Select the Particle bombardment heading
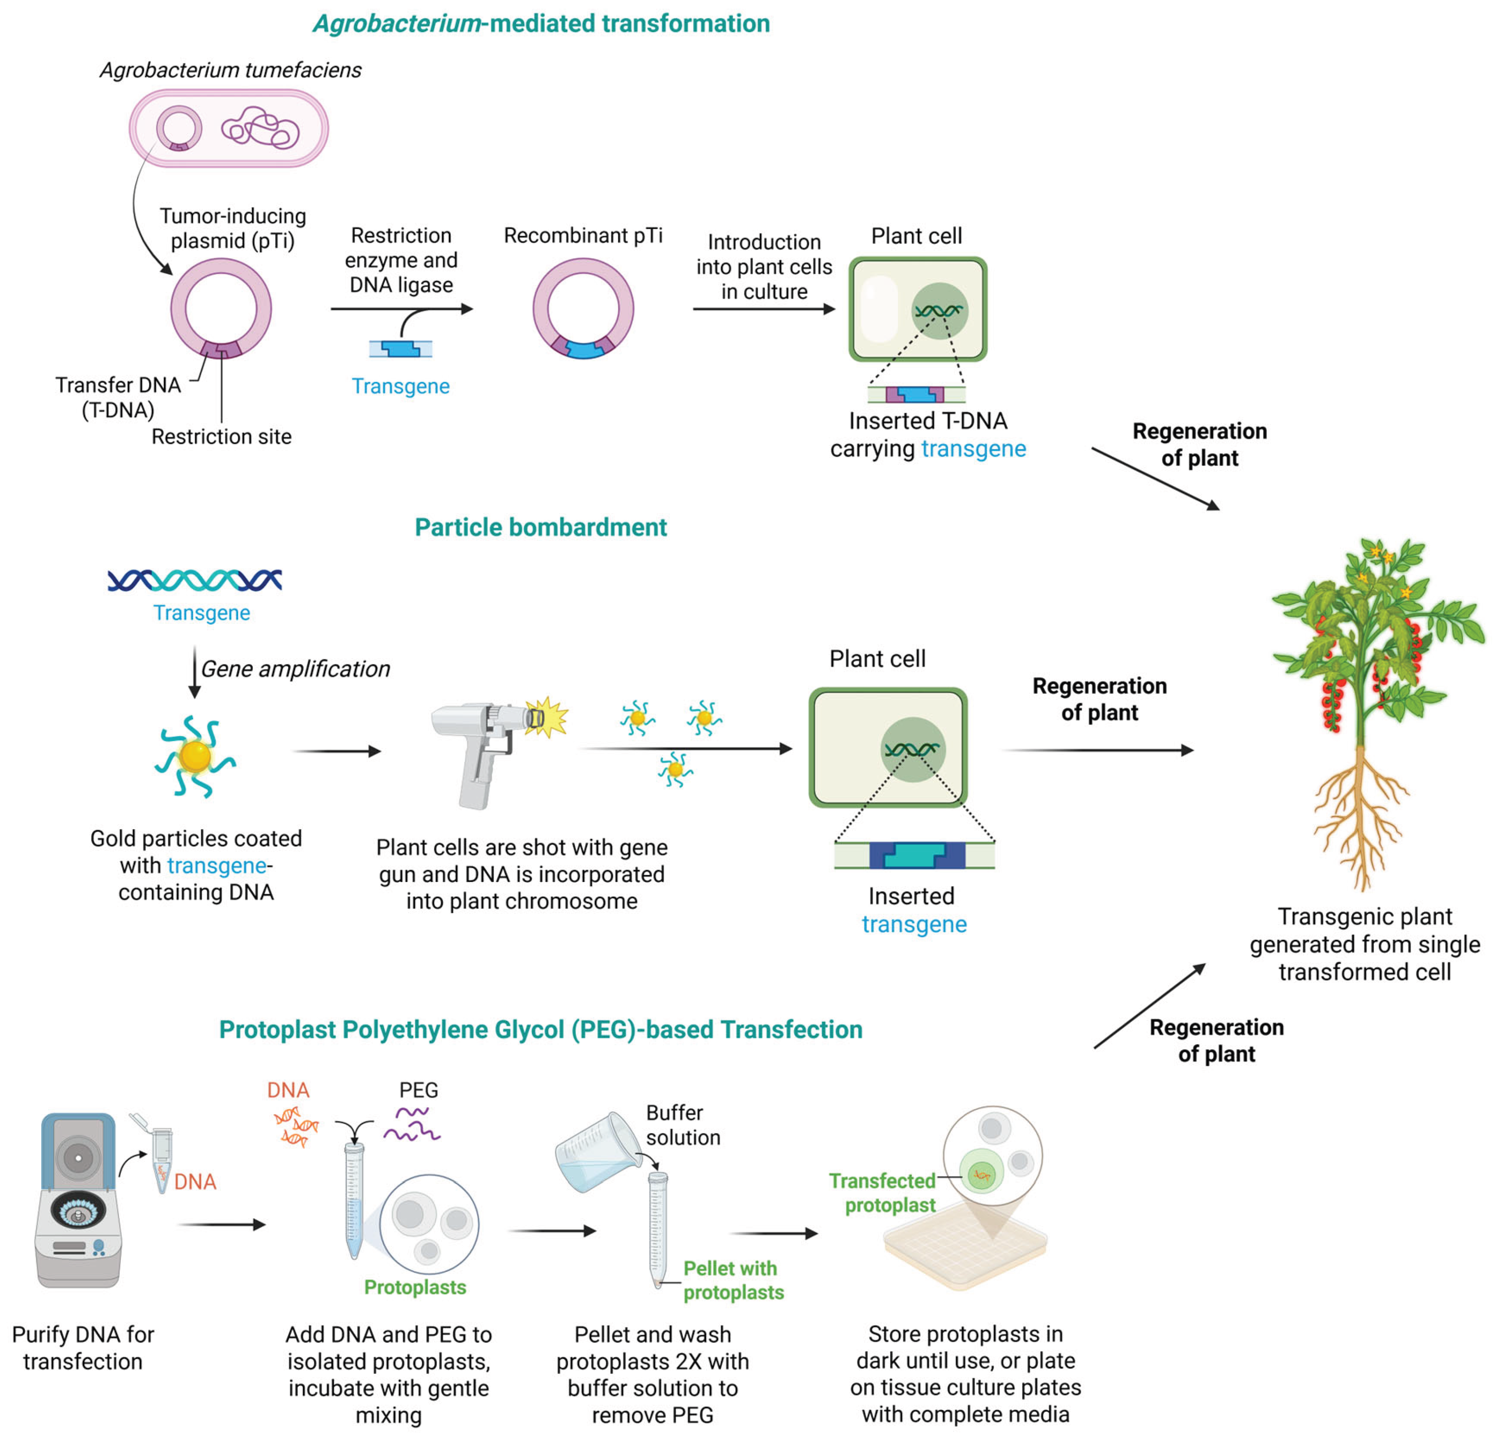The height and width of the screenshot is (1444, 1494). [x=541, y=528]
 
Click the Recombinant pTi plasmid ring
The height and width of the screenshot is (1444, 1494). [x=583, y=309]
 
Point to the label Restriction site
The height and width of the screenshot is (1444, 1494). [x=221, y=437]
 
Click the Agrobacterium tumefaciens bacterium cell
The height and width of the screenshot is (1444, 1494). [x=229, y=128]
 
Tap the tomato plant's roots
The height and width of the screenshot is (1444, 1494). [x=1360, y=816]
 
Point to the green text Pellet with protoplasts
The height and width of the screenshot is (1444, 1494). [x=732, y=1280]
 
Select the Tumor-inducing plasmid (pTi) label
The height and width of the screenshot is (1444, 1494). [x=233, y=228]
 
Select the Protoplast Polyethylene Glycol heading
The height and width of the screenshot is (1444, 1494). [x=541, y=1030]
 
